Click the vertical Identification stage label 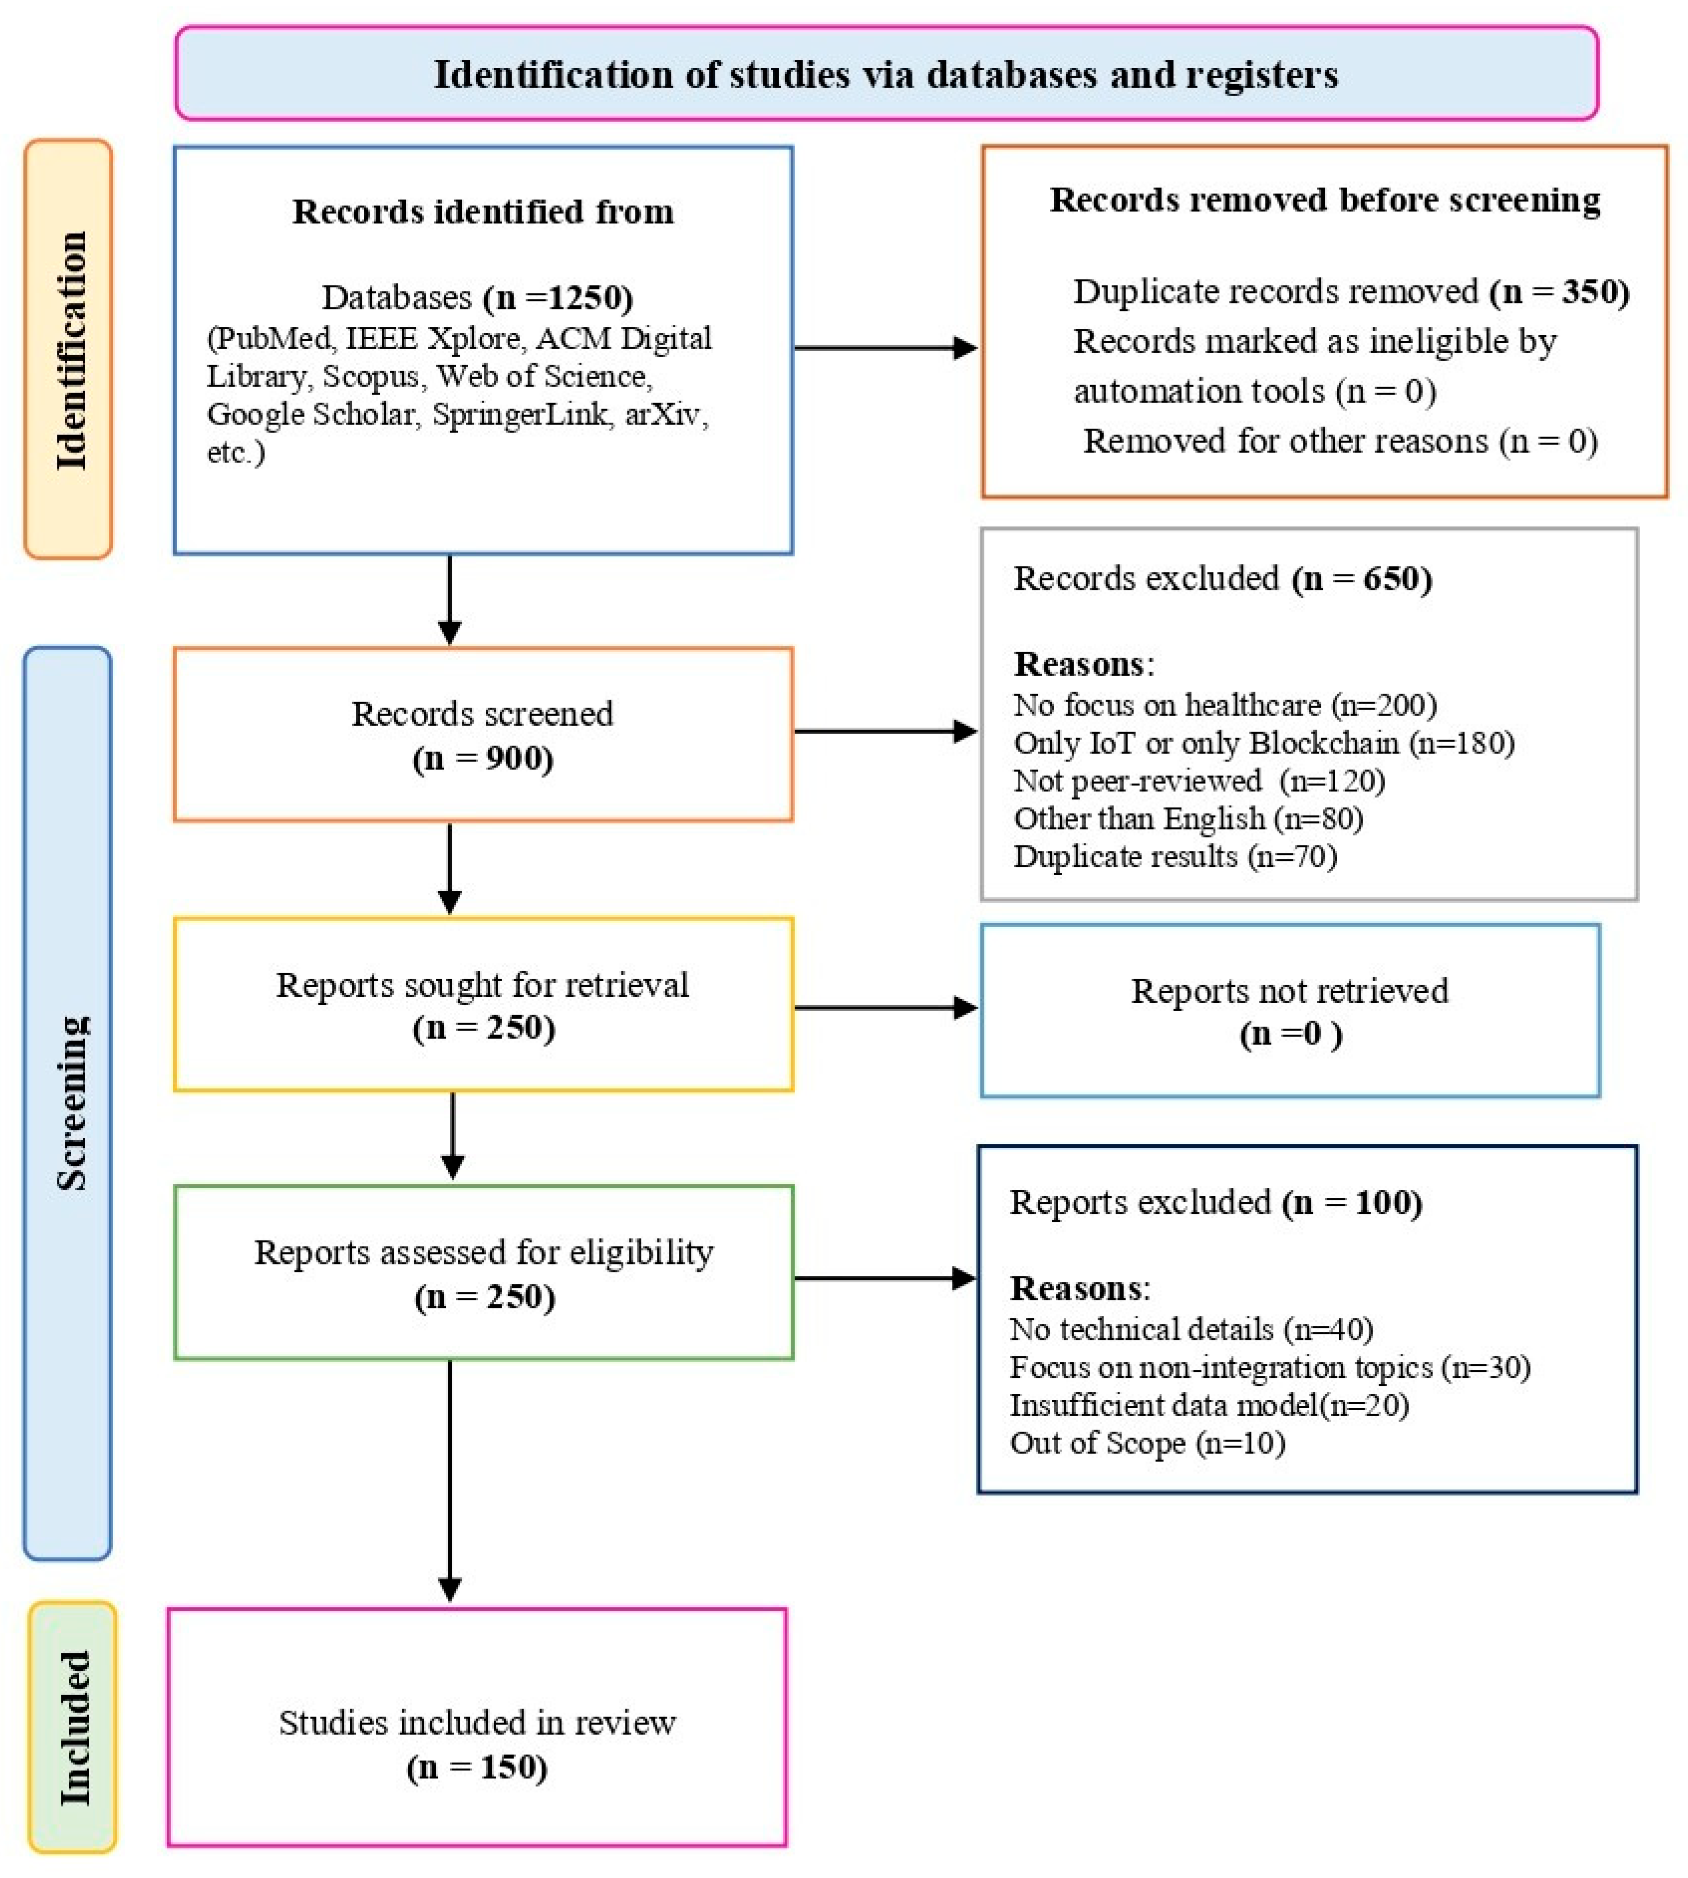click(70, 351)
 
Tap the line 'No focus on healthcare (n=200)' click(1224, 705)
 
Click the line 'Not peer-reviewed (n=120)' click(1198, 781)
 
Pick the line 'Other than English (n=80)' click(1187, 819)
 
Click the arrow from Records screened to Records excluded click(886, 732)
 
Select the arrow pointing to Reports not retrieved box click(886, 1007)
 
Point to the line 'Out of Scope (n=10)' click(1146, 1443)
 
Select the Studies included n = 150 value click(477, 1767)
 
